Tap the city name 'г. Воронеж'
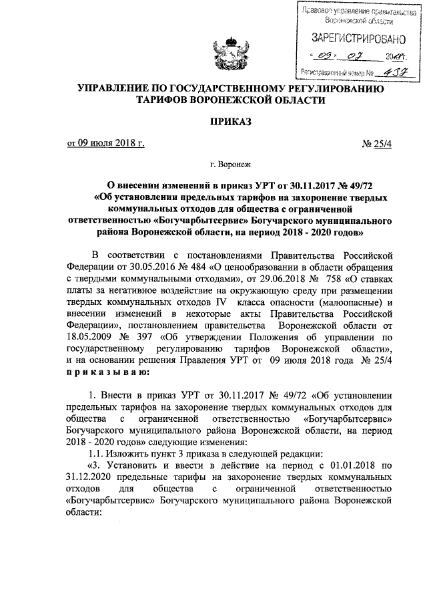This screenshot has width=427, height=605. point(230,163)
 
